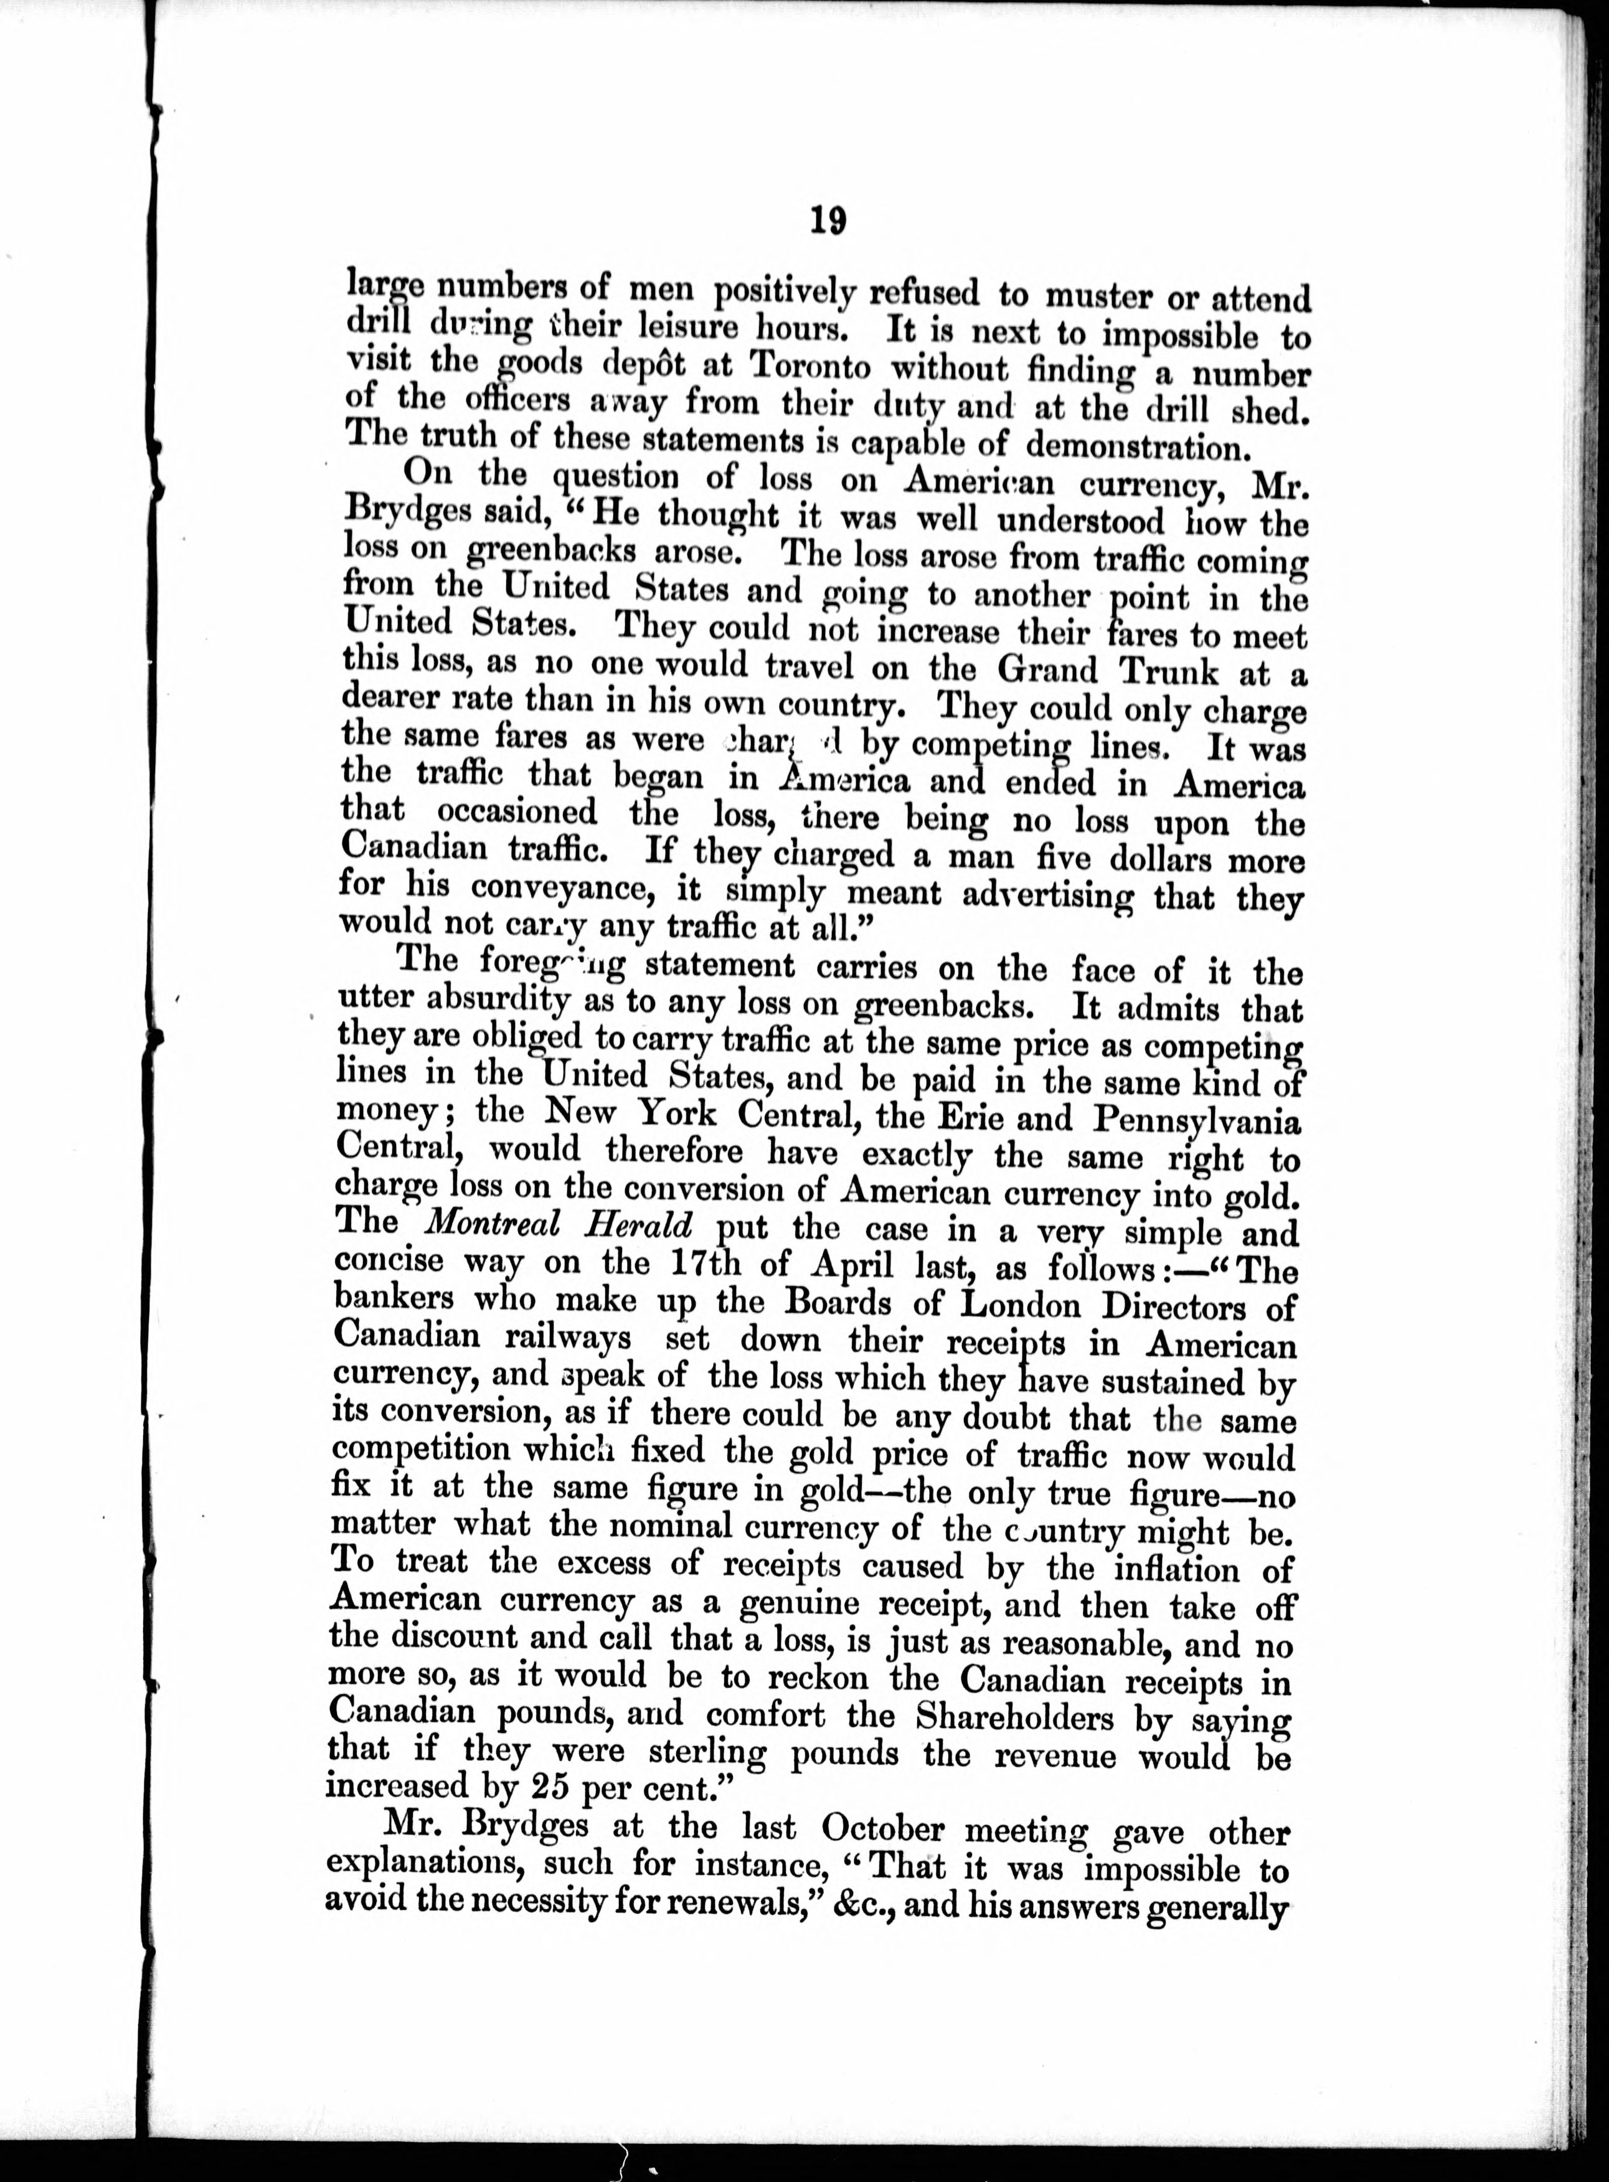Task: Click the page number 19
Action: coord(827,220)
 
